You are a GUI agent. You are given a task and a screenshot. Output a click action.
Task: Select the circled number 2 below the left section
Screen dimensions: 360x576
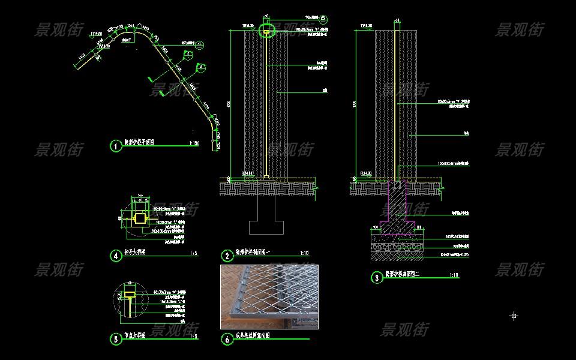(227, 256)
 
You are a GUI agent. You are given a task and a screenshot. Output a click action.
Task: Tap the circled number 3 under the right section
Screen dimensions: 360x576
(376, 277)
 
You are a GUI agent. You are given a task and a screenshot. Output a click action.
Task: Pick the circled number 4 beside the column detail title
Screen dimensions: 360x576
(116, 256)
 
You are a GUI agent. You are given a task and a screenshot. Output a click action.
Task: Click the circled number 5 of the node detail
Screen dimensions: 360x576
(116, 338)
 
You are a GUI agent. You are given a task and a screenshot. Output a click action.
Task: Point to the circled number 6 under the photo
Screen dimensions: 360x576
(227, 340)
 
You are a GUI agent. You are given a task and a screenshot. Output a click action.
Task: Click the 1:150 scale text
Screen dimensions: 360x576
(194, 144)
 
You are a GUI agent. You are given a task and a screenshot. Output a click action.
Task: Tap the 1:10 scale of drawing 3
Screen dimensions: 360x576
(454, 275)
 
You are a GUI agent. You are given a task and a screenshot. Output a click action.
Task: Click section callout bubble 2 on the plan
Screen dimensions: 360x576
(189, 55)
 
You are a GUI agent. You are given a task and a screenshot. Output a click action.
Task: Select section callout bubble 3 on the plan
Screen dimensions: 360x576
(202, 66)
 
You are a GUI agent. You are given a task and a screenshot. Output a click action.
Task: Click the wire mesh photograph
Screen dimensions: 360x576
(269, 297)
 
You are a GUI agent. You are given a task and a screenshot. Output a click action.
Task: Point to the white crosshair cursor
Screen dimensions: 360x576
(514, 316)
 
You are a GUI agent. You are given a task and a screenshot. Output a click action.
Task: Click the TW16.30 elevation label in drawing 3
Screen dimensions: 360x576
(366, 26)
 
